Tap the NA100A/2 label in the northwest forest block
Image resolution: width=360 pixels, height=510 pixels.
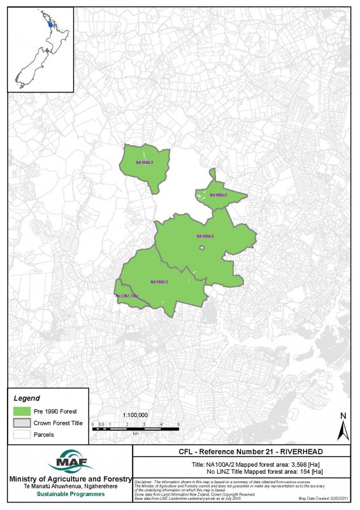tap(145, 163)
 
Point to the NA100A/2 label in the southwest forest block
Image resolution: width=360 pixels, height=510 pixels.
tap(159, 282)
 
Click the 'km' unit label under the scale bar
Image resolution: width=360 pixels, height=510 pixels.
tap(136, 433)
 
